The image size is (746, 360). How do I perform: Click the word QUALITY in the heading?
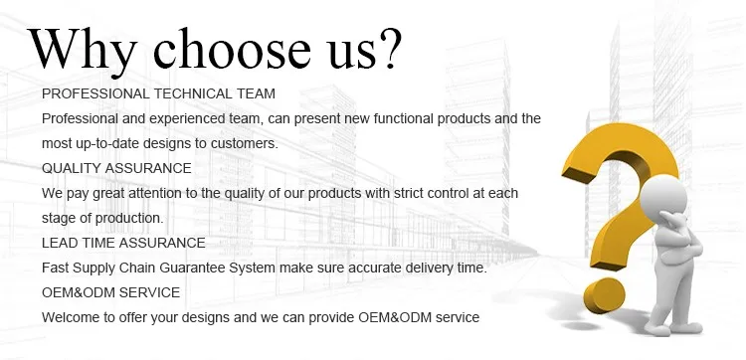coord(72,168)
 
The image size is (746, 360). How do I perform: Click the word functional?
coord(404,118)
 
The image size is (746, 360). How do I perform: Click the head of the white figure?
coord(664,196)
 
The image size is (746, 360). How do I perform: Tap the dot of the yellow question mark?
coord(604,295)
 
